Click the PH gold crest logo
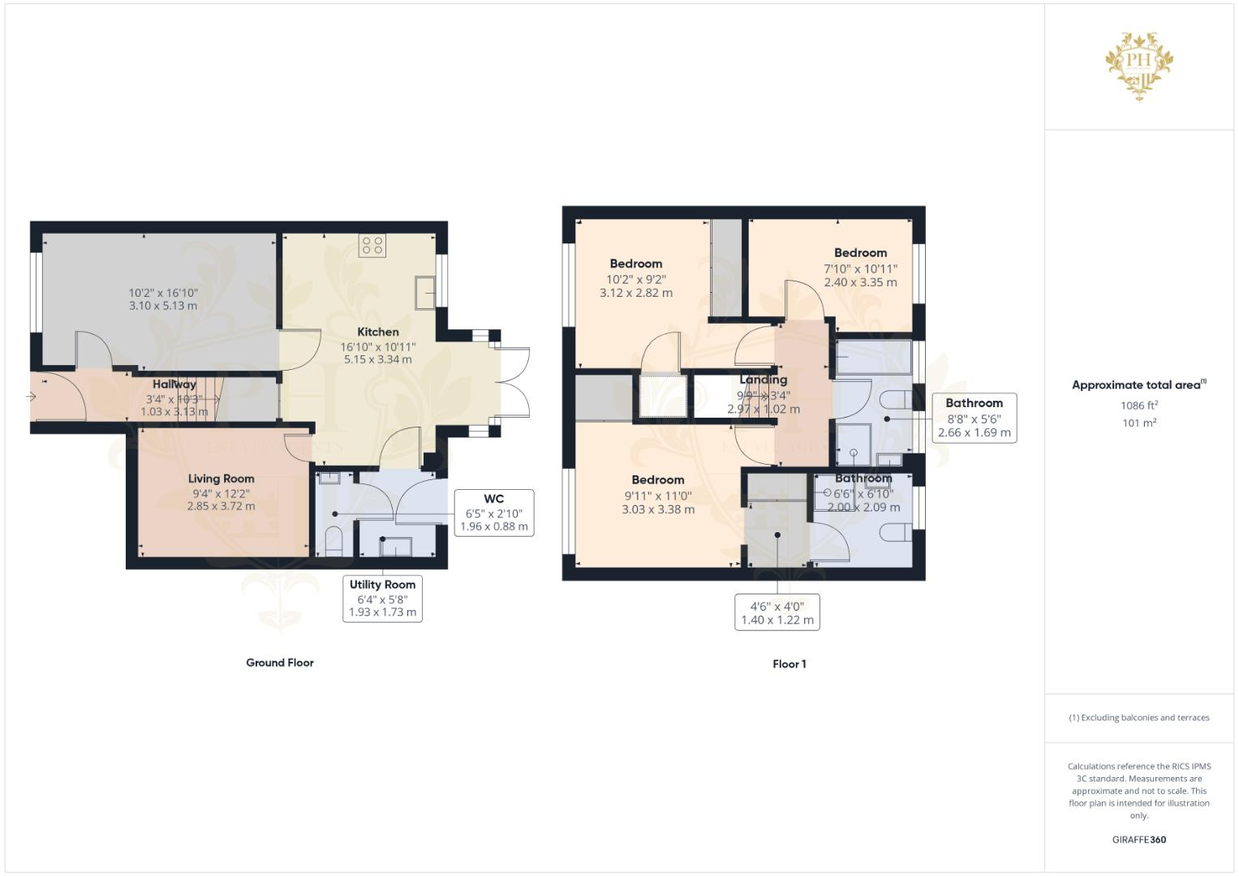1139,65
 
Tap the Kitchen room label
378,332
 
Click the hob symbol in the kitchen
372,246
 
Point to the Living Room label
221,479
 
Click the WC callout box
493,513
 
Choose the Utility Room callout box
382,598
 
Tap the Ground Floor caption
280,663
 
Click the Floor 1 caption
789,664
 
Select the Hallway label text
174,384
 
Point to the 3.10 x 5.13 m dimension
163,306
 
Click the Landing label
763,380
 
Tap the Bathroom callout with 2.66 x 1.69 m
974,418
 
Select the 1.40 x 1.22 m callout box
777,612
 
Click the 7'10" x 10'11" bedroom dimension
860,268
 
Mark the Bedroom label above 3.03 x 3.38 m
658,479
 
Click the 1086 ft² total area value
1139,406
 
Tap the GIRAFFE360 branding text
1138,839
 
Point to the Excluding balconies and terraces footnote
1138,718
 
